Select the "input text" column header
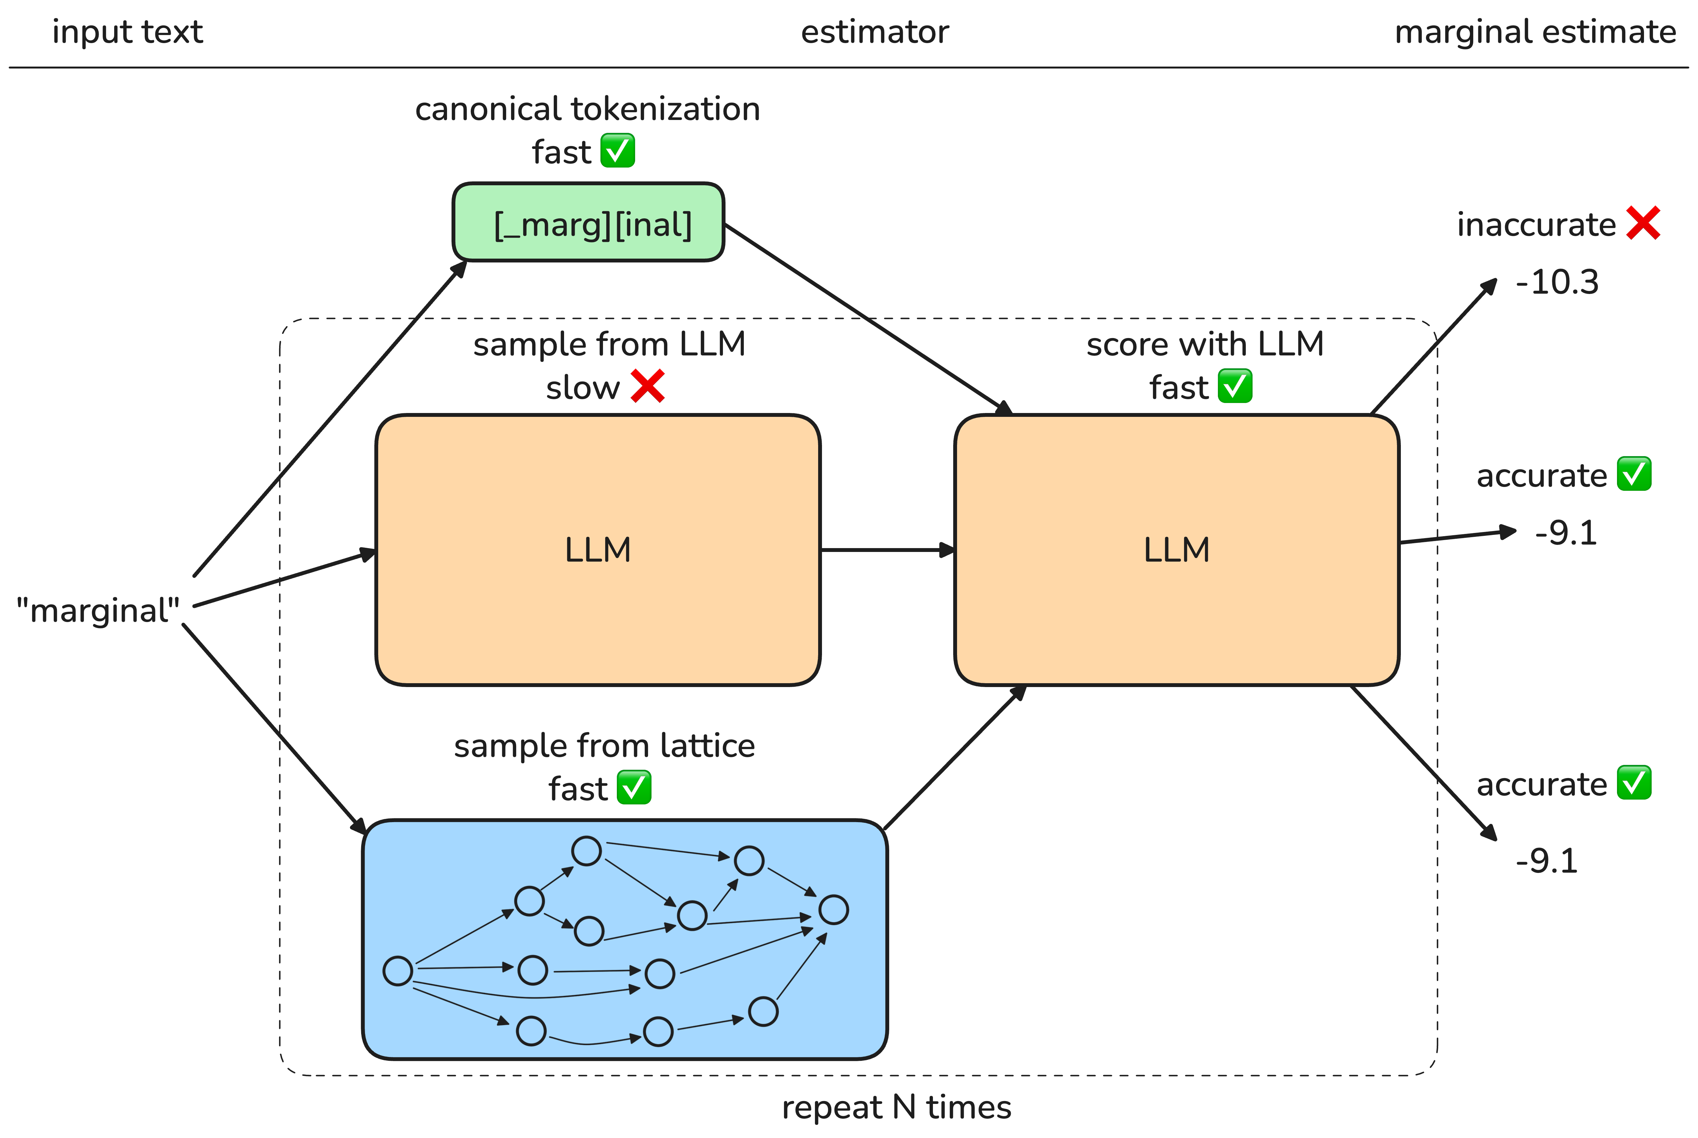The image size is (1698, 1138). coord(128,32)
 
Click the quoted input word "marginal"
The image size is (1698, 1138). coord(98,610)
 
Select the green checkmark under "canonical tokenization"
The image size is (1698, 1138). coord(617,151)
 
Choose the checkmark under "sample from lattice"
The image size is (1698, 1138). coord(634,787)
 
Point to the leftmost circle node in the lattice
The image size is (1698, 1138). coord(398,971)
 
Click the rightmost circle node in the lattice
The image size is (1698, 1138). coord(834,909)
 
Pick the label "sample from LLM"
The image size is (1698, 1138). coord(609,344)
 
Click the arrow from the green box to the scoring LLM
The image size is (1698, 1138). coord(869,319)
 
